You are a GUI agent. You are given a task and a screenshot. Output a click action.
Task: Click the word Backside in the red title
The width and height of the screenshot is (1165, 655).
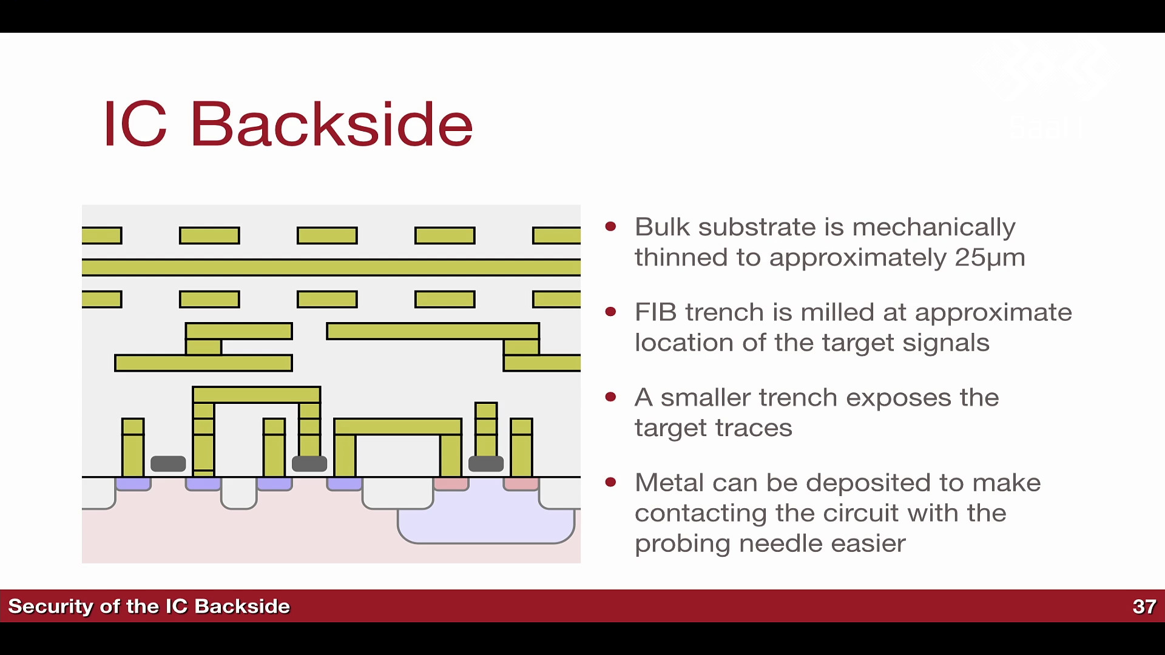click(x=331, y=124)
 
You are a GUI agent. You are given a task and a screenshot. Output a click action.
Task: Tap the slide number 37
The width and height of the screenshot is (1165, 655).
click(x=1144, y=606)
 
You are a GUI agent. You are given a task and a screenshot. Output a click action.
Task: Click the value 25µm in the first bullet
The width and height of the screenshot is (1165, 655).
click(x=990, y=257)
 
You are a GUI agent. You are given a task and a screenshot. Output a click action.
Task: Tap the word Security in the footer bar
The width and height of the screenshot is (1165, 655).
click(x=50, y=606)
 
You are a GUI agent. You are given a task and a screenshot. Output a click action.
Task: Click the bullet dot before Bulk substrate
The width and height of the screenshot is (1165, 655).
click(x=610, y=227)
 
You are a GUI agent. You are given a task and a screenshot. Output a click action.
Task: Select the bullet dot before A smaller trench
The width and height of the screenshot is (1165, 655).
click(x=610, y=397)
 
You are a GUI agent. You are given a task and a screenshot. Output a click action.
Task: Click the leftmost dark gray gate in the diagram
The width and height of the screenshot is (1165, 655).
click(x=168, y=464)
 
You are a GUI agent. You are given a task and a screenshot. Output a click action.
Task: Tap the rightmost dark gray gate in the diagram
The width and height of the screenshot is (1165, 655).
click(x=486, y=464)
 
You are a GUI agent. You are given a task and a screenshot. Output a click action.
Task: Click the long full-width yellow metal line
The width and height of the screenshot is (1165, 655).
click(x=331, y=267)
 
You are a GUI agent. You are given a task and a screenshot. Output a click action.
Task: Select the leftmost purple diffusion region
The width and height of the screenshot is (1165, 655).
click(x=133, y=484)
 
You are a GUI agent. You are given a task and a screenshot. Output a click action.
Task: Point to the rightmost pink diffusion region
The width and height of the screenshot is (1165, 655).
click(x=521, y=484)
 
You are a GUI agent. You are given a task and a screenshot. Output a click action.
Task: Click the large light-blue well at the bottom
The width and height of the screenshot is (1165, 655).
click(x=485, y=525)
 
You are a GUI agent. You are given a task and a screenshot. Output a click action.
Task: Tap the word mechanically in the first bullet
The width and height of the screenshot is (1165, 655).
click(x=934, y=228)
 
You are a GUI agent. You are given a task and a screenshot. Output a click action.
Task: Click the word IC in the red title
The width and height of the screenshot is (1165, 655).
click(x=135, y=124)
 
